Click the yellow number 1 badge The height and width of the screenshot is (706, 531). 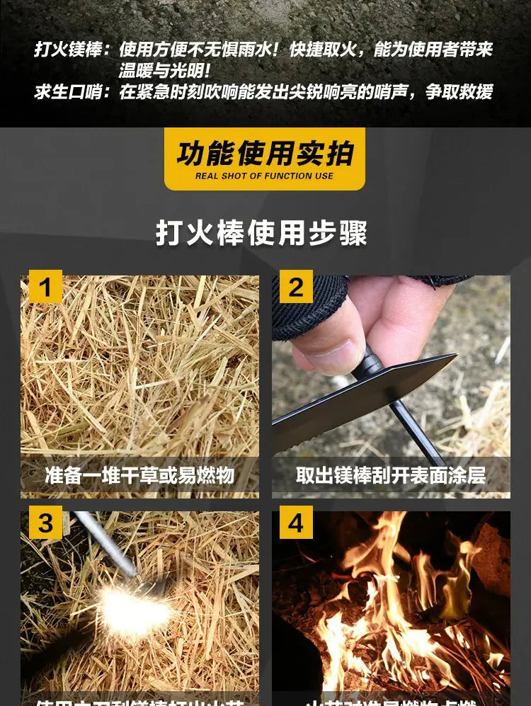point(45,287)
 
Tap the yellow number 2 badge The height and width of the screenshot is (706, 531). point(296,287)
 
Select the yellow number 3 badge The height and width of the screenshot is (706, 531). point(45,523)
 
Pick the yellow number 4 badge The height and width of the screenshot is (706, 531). point(296,523)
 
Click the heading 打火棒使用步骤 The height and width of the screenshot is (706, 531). point(262,233)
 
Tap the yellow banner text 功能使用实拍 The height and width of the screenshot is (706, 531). point(265,153)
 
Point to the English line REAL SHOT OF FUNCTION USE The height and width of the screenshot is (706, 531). point(265,176)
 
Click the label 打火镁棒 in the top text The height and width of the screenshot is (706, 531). point(68,50)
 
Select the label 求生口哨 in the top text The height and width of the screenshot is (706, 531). point(68,92)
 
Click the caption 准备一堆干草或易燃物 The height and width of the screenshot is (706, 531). point(139,474)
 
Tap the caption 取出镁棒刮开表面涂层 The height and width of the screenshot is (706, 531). point(391,474)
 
